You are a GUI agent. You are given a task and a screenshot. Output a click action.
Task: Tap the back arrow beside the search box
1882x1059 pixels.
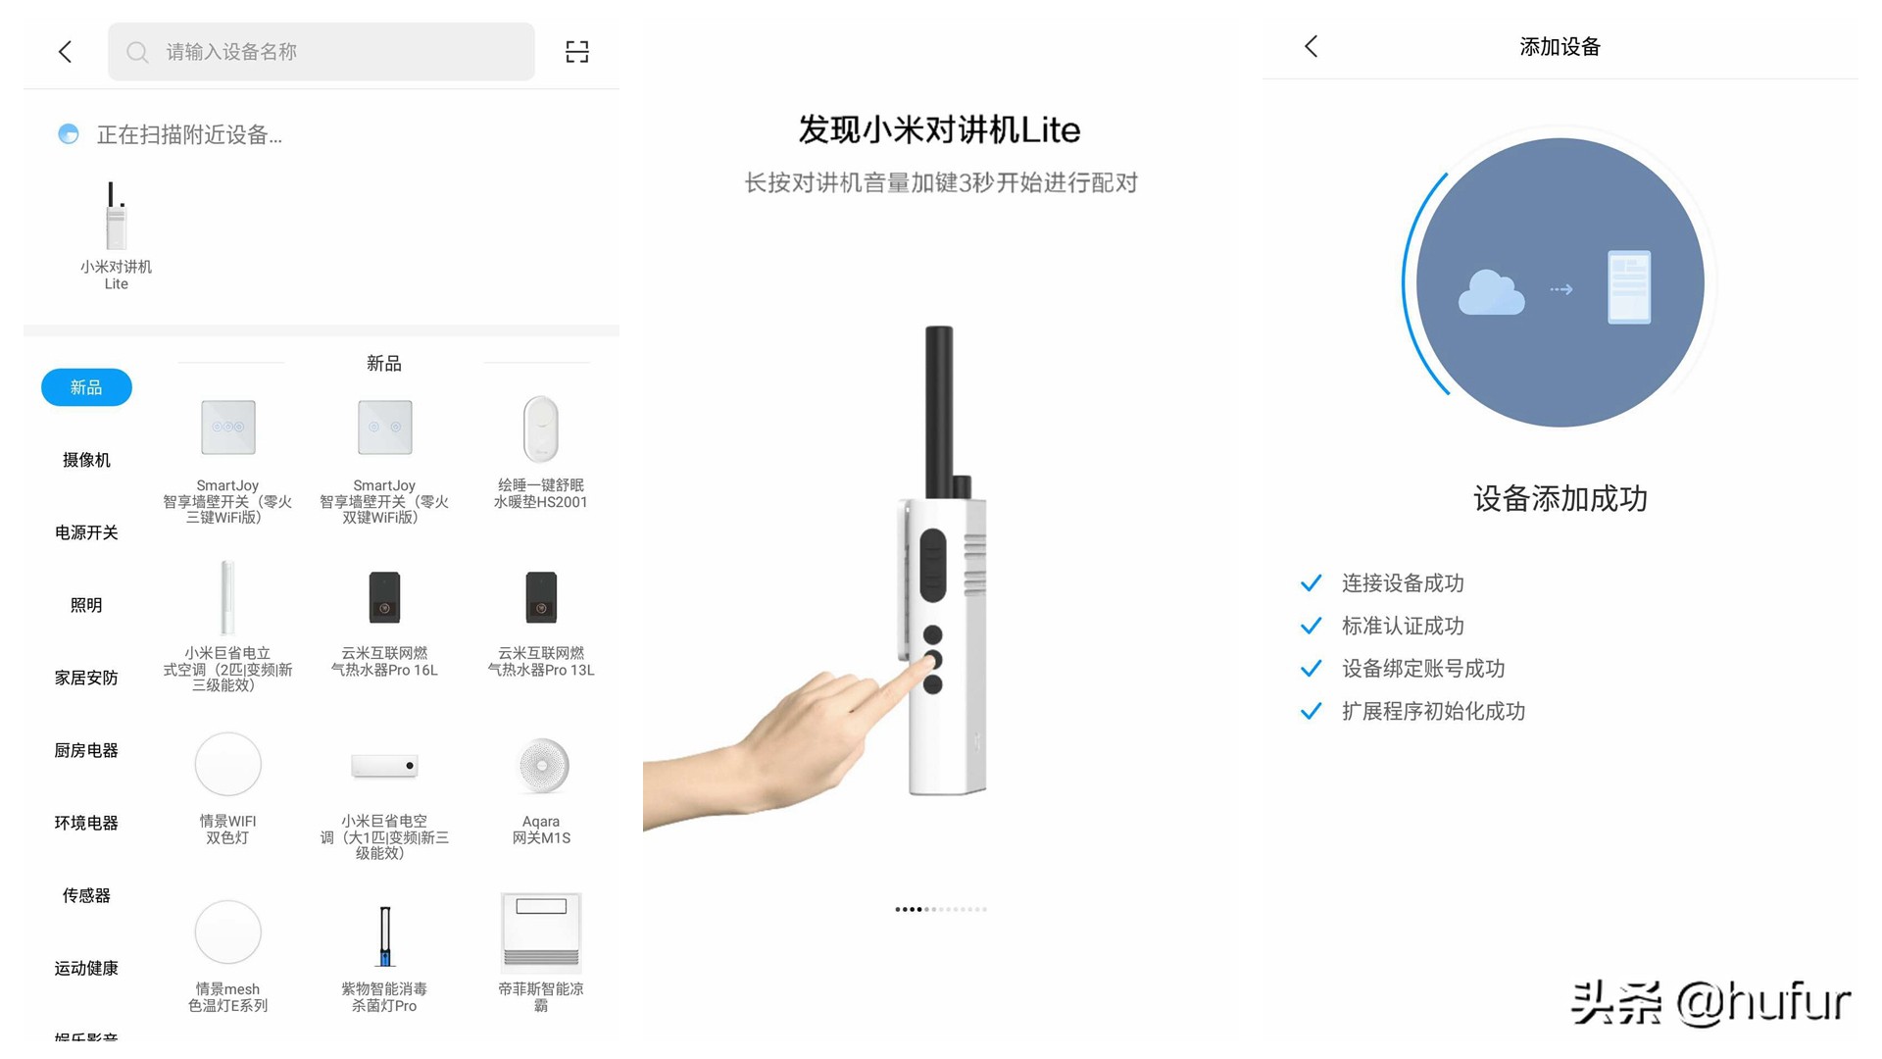(x=66, y=52)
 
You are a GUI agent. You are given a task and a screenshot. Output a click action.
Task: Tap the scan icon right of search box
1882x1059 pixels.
(x=577, y=52)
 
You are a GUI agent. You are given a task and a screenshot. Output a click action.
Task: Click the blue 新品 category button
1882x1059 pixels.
(x=86, y=387)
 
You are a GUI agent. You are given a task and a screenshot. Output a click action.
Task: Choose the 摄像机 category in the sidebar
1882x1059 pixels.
(x=86, y=460)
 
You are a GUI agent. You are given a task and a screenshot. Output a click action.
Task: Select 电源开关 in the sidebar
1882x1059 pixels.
(x=86, y=532)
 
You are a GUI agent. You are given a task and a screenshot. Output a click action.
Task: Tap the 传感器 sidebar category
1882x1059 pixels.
(x=86, y=895)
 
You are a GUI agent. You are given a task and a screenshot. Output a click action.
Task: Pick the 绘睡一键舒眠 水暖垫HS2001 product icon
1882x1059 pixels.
(x=541, y=429)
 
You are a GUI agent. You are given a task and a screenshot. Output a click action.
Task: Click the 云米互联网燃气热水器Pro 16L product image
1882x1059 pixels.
(x=384, y=597)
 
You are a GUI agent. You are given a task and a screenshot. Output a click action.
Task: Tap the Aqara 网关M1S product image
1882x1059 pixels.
(x=541, y=766)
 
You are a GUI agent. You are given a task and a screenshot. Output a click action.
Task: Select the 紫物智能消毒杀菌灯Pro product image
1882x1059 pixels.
(x=384, y=935)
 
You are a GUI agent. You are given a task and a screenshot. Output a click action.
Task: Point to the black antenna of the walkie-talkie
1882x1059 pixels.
(x=939, y=412)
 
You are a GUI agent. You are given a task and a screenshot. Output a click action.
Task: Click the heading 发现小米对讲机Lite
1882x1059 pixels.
(x=939, y=129)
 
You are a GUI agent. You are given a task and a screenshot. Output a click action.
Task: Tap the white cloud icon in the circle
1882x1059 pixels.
(x=1491, y=291)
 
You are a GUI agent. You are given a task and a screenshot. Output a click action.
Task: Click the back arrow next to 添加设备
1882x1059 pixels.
(x=1312, y=46)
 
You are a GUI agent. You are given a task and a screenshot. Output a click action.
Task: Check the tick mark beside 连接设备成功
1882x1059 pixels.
(x=1311, y=583)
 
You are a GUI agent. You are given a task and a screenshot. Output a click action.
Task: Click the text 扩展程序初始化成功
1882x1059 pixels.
(x=1433, y=711)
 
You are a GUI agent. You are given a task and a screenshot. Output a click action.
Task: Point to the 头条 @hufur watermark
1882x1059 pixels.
(x=1710, y=1002)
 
